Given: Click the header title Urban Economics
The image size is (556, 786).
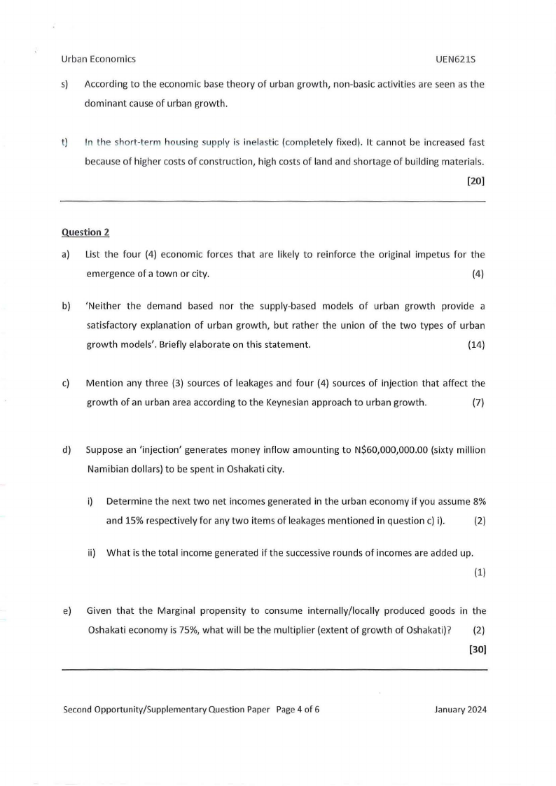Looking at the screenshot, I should pos(99,59).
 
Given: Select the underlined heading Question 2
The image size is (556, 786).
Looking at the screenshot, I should pos(85,232).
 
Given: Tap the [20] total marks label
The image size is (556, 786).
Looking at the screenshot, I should pos(476,181).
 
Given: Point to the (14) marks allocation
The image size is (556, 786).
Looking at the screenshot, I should pos(475,345).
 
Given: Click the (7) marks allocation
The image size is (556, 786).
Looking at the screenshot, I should pos(478,402).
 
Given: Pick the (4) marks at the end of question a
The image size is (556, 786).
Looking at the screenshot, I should pos(478,274).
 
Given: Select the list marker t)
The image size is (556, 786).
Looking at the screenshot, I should pos(65,143).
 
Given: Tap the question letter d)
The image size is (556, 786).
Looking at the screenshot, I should pos(67,450).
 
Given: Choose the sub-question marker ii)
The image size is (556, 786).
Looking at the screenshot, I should pos(91,552).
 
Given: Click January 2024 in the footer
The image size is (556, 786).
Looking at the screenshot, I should pos(460,709).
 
